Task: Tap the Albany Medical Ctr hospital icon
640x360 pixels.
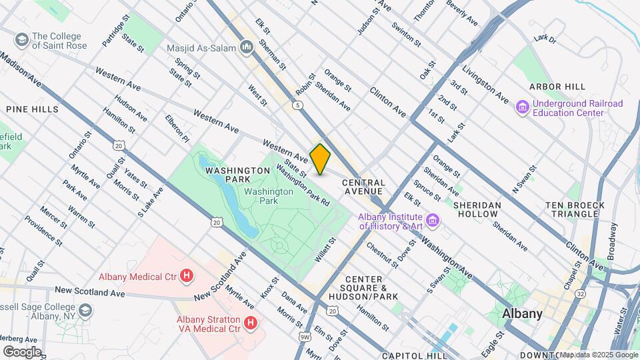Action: click(187, 275)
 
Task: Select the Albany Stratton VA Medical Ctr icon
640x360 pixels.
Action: click(251, 323)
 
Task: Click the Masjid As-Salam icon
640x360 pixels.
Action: click(247, 47)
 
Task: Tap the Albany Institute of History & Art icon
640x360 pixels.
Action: click(433, 219)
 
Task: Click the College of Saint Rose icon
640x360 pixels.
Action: click(21, 41)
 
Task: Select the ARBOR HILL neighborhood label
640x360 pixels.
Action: click(557, 87)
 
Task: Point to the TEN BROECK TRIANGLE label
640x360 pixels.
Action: click(574, 209)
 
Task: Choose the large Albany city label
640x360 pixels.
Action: click(522, 313)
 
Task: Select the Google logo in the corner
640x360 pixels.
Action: click(21, 352)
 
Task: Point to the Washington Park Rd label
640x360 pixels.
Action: click(303, 184)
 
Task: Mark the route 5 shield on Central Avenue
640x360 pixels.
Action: click(295, 105)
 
